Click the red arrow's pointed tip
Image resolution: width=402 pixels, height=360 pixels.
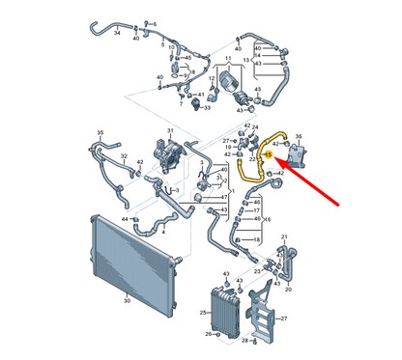point(287,165)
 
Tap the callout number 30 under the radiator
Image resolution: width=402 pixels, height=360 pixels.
point(127,300)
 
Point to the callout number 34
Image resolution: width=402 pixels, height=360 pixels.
point(118,32)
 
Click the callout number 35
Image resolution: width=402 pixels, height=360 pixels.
point(99,132)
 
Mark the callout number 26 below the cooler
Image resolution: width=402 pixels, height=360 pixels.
point(207,335)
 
